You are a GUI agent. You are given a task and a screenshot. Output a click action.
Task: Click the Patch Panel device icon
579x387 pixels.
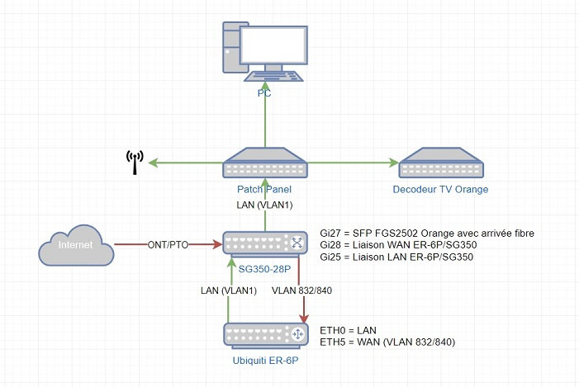[x=264, y=163]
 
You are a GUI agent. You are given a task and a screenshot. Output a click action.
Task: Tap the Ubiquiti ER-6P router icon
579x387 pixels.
[x=264, y=333]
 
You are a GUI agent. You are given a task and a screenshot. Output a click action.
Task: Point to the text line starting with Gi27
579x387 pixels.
[x=427, y=234]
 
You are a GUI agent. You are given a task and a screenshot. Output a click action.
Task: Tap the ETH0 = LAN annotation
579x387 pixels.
[x=349, y=328]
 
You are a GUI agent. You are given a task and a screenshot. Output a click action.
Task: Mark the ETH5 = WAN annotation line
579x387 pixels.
[x=387, y=341]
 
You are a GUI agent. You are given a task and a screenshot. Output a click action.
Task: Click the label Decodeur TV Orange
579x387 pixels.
[x=440, y=189]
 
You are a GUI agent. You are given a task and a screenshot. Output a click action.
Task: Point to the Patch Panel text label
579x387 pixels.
[x=264, y=188]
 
